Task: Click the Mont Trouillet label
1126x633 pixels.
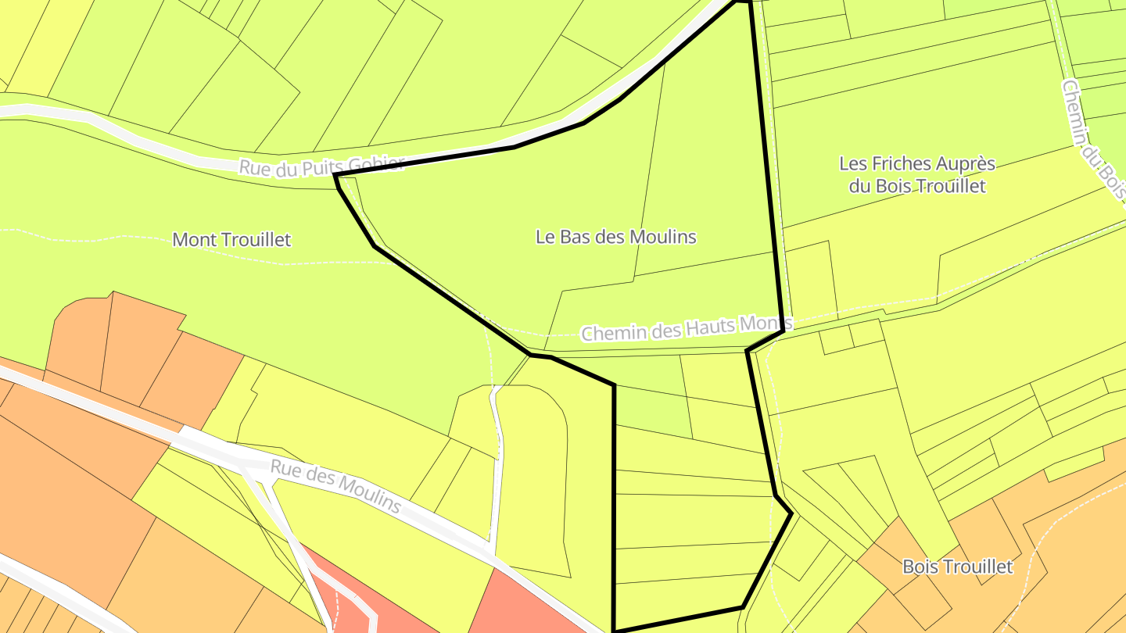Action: pos(231,239)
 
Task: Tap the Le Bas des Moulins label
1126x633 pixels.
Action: pos(616,236)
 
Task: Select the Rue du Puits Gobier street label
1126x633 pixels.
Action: pos(321,166)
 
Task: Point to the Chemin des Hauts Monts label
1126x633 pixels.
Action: pos(687,328)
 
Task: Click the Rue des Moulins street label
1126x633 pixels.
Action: pos(335,485)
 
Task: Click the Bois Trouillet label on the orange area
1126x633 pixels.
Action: pos(957,567)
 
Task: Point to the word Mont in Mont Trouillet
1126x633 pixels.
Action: pos(192,239)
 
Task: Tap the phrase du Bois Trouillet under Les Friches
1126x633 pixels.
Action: pos(916,186)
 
